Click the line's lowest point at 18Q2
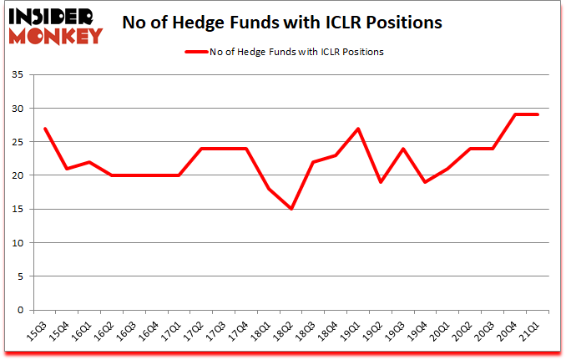pos(291,209)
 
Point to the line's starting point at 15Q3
pos(44,129)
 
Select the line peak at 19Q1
pos(358,129)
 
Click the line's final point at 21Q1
pos(538,114)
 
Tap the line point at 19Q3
pos(403,149)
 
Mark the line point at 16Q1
pos(89,162)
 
